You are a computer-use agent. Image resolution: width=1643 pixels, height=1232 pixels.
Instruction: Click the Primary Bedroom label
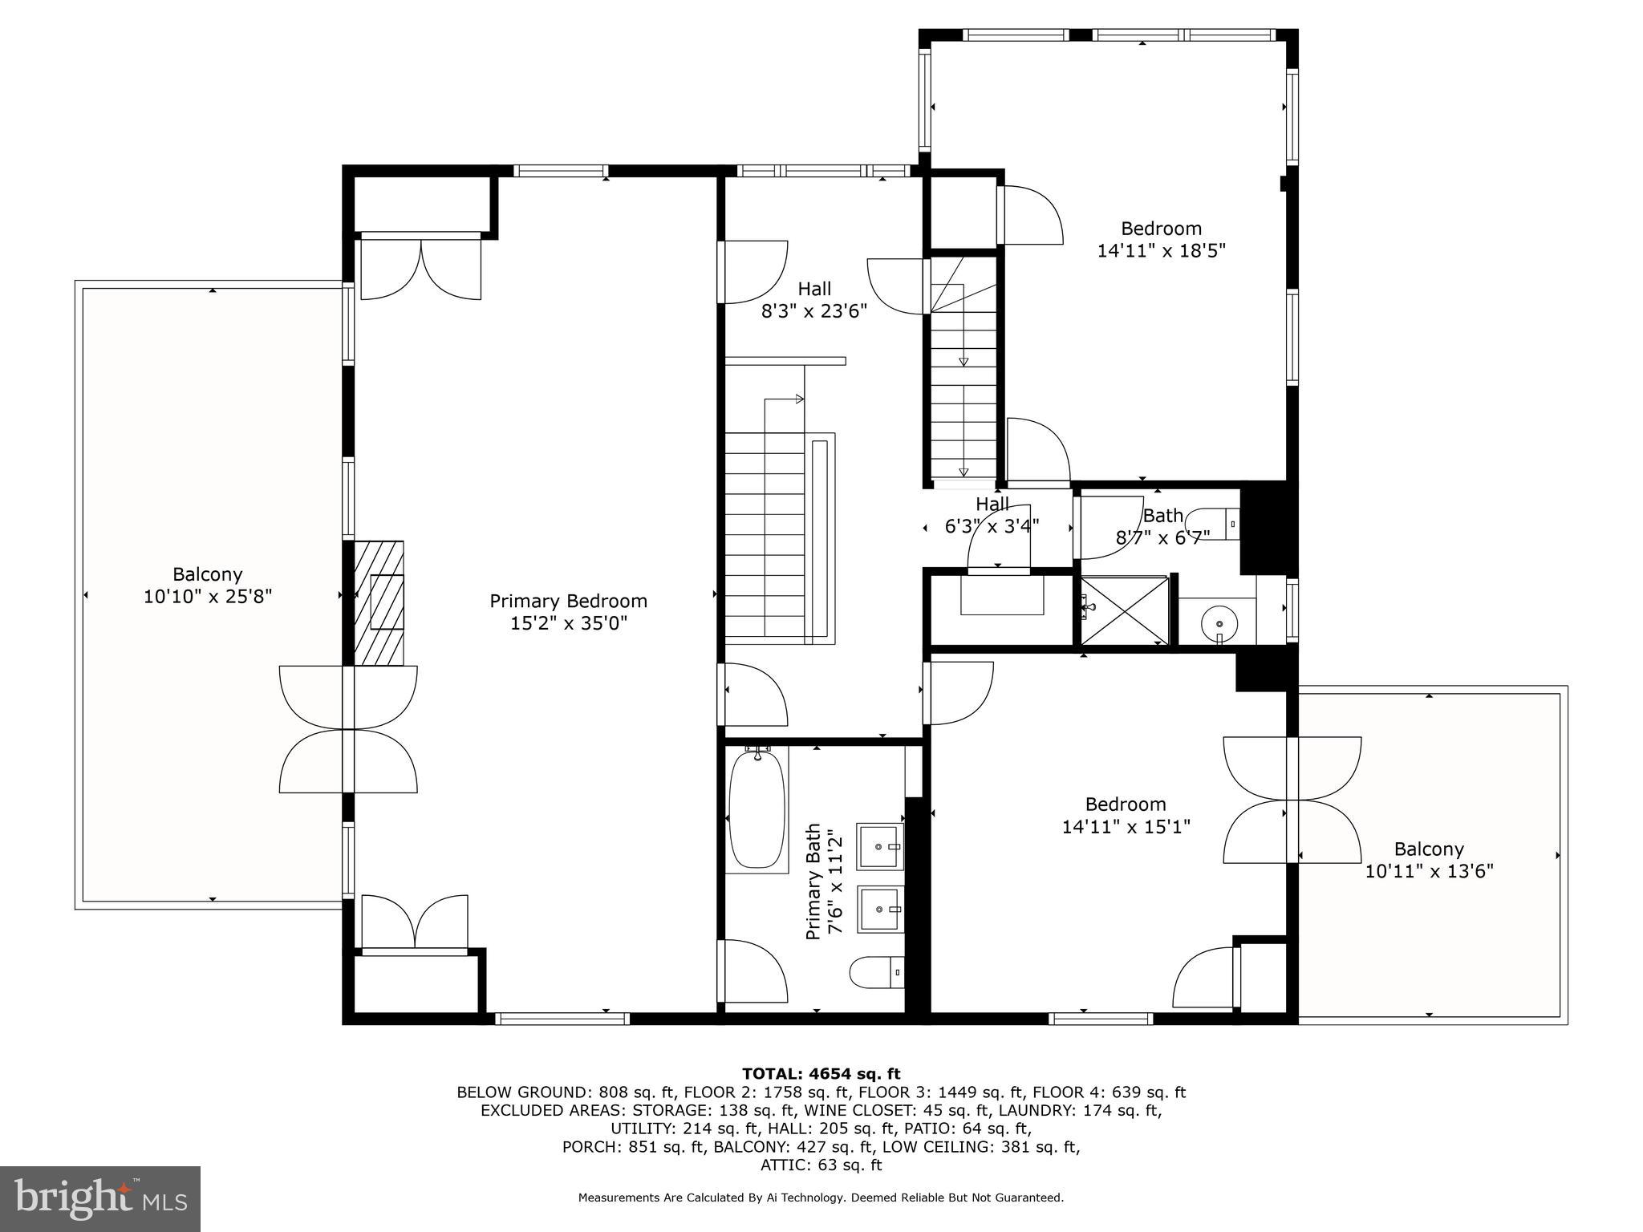click(x=568, y=601)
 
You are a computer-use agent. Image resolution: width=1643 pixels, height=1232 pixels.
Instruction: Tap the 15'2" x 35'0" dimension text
click(x=569, y=623)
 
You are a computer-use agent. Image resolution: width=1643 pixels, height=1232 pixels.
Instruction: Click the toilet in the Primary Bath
click(x=877, y=972)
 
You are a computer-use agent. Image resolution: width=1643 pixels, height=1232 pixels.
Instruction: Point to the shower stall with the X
click(x=1125, y=610)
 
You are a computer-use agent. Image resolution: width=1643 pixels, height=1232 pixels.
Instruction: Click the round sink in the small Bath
click(x=1219, y=622)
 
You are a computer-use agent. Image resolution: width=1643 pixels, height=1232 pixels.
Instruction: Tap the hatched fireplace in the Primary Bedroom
click(x=379, y=603)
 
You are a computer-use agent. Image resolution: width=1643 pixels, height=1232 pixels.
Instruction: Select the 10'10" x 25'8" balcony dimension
click(x=208, y=597)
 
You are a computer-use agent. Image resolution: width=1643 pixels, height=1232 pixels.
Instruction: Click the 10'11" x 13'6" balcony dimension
click(x=1429, y=871)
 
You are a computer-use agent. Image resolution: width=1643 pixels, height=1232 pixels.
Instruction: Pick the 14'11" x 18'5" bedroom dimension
click(x=1161, y=250)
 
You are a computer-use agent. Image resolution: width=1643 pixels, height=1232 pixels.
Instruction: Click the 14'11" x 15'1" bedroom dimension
click(x=1126, y=826)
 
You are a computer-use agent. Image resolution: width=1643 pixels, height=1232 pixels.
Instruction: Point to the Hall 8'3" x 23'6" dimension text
click(x=814, y=310)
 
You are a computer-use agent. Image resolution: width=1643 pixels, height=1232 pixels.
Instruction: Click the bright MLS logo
click(x=100, y=1199)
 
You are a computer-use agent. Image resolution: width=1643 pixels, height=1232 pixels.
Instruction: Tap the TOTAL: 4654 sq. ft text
click(x=821, y=1074)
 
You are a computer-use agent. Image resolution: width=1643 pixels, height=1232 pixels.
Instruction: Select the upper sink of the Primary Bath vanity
click(x=881, y=846)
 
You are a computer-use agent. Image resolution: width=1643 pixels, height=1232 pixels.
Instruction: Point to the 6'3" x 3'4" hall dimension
click(x=992, y=526)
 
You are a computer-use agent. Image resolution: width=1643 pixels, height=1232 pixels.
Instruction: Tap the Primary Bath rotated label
click(x=813, y=881)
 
